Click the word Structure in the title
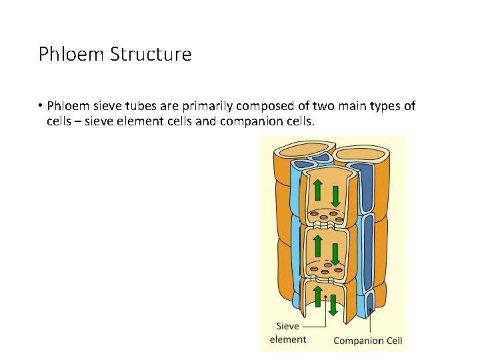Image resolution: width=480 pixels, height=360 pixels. pyautogui.click(x=153, y=54)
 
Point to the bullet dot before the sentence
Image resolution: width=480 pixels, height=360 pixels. pyautogui.click(x=41, y=107)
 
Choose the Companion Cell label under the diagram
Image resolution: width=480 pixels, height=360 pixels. pyautogui.click(x=367, y=341)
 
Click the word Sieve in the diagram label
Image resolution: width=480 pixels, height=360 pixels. pyautogui.click(x=288, y=327)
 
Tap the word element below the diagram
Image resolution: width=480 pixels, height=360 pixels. pyautogui.click(x=288, y=339)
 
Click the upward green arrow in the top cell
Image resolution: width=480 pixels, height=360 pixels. pyautogui.click(x=318, y=190)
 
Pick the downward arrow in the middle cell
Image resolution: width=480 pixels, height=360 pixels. pyautogui.click(x=335, y=251)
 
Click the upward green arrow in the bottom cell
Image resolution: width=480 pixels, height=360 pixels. pyautogui.click(x=318, y=296)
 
